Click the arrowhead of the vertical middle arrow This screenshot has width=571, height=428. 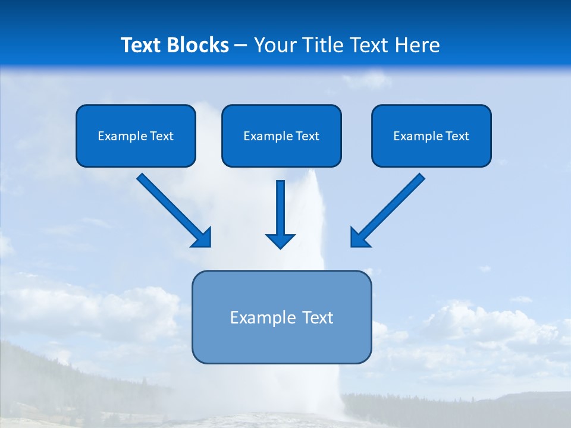point(280,241)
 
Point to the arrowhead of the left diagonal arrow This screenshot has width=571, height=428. point(202,238)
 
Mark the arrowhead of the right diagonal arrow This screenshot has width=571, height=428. point(359,238)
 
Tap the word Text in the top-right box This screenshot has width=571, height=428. point(457,136)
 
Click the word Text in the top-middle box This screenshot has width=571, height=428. point(307,136)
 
